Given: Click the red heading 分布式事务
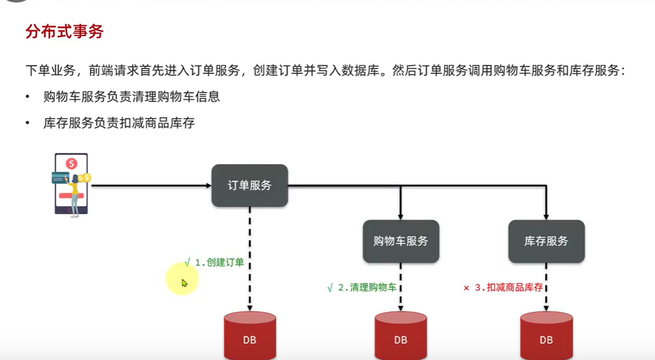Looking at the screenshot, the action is click(64, 31).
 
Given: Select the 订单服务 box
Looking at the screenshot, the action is click(249, 186).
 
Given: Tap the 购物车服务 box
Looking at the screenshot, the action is click(401, 241).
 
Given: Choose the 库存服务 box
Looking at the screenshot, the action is click(546, 241).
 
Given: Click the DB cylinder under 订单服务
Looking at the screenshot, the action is click(249, 337).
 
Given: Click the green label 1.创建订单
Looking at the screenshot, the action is click(219, 262).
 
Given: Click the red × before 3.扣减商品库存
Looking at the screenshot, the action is click(466, 288).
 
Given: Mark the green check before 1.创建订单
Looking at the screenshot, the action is click(187, 262).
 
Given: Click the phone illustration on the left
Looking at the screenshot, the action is click(71, 184).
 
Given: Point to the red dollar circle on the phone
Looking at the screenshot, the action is click(71, 163).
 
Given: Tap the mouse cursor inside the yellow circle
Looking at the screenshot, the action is click(184, 283).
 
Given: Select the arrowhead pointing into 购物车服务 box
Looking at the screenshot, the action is click(401, 216).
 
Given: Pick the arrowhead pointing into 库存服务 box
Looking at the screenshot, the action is click(546, 216).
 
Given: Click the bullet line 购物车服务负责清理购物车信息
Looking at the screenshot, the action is click(131, 97).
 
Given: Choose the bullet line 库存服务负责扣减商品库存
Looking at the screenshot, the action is click(119, 123).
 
